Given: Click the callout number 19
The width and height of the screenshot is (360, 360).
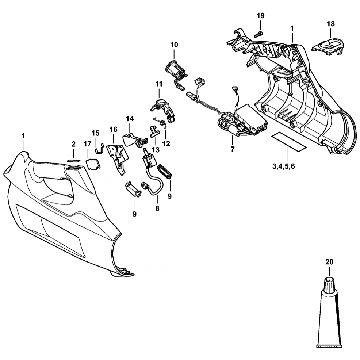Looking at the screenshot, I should coord(260,16).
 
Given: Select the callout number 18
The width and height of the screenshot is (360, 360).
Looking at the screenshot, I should coord(330,24).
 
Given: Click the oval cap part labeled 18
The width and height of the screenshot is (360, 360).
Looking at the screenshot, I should coord(329,46).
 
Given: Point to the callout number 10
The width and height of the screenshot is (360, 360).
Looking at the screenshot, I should coord(174,45).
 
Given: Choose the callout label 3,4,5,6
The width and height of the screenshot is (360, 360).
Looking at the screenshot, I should coord(283,166).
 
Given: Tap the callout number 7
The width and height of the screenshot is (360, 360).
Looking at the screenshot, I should coord(233,149).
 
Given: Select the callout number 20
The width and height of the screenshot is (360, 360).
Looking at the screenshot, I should coord(329,262).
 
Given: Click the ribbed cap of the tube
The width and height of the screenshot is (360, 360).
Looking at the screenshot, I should coord(329,284).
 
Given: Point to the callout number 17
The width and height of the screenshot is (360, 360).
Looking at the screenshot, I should coord(87,144).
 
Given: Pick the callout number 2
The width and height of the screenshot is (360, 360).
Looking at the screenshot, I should coord(73,144).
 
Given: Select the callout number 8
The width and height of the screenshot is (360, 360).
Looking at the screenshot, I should coord(157,209).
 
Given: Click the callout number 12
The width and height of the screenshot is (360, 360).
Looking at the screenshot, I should coord(166,143).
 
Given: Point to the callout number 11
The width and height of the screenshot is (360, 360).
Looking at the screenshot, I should coord(158,84).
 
